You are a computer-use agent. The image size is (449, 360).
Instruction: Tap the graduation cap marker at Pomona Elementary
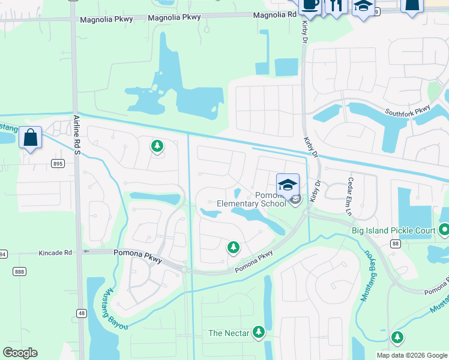[x=288, y=184]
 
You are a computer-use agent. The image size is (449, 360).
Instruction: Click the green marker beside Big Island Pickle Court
[x=444, y=229]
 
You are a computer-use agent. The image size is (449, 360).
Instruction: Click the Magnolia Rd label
[x=274, y=15]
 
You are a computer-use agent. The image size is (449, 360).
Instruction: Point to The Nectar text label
[x=228, y=333]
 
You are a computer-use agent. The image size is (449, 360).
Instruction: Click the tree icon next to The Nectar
[x=259, y=332]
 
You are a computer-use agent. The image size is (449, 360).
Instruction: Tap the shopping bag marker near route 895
[x=30, y=138]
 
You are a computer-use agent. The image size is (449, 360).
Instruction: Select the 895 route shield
[x=58, y=164]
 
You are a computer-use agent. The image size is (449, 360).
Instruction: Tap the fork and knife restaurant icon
[x=334, y=5]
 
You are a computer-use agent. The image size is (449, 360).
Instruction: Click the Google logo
[x=20, y=353]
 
